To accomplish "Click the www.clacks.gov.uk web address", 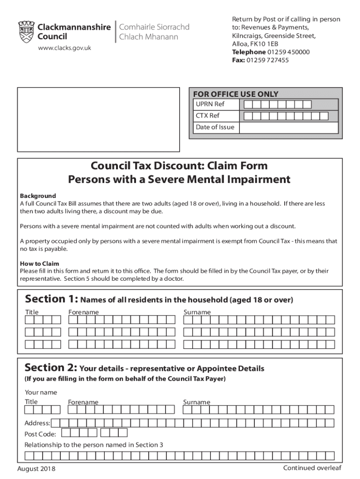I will coord(64,48).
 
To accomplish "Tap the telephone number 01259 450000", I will coord(288,52).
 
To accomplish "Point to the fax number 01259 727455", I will coord(268,60).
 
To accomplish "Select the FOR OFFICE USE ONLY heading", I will coord(236,94).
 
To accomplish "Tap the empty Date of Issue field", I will coord(288,127).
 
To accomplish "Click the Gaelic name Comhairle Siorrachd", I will coord(155,27).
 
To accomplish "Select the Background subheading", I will coord(38,196).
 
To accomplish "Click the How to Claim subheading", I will coord(39,263).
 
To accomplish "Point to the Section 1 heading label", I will coord(51,299).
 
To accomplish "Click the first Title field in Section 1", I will coord(43,320).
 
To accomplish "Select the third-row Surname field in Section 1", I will coord(259,345).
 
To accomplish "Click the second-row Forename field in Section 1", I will coord(122,333).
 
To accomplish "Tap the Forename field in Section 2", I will coord(122,410).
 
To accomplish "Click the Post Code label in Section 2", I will coord(40,434).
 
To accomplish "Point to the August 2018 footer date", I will coord(36,469).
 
